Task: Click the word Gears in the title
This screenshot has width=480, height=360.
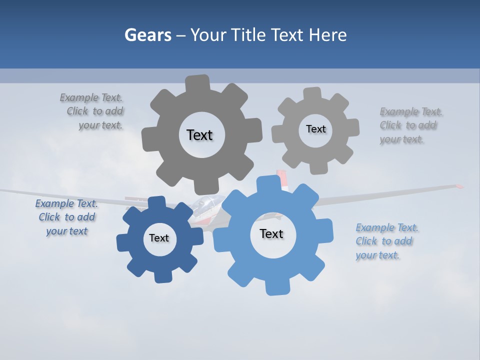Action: click(148, 35)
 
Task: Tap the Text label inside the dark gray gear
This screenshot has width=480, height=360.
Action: click(199, 135)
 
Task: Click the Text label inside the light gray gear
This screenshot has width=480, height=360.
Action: click(315, 129)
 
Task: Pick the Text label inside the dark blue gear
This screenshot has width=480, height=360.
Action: click(159, 238)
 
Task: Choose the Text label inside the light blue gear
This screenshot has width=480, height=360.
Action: click(271, 234)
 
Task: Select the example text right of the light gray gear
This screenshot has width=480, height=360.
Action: click(409, 125)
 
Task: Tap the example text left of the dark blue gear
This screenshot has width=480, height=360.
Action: click(66, 217)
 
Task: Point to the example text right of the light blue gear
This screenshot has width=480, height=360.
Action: click(386, 241)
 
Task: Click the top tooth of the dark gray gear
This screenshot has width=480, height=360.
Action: click(198, 82)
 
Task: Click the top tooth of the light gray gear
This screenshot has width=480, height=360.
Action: click(312, 93)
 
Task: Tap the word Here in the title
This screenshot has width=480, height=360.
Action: click(328, 35)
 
